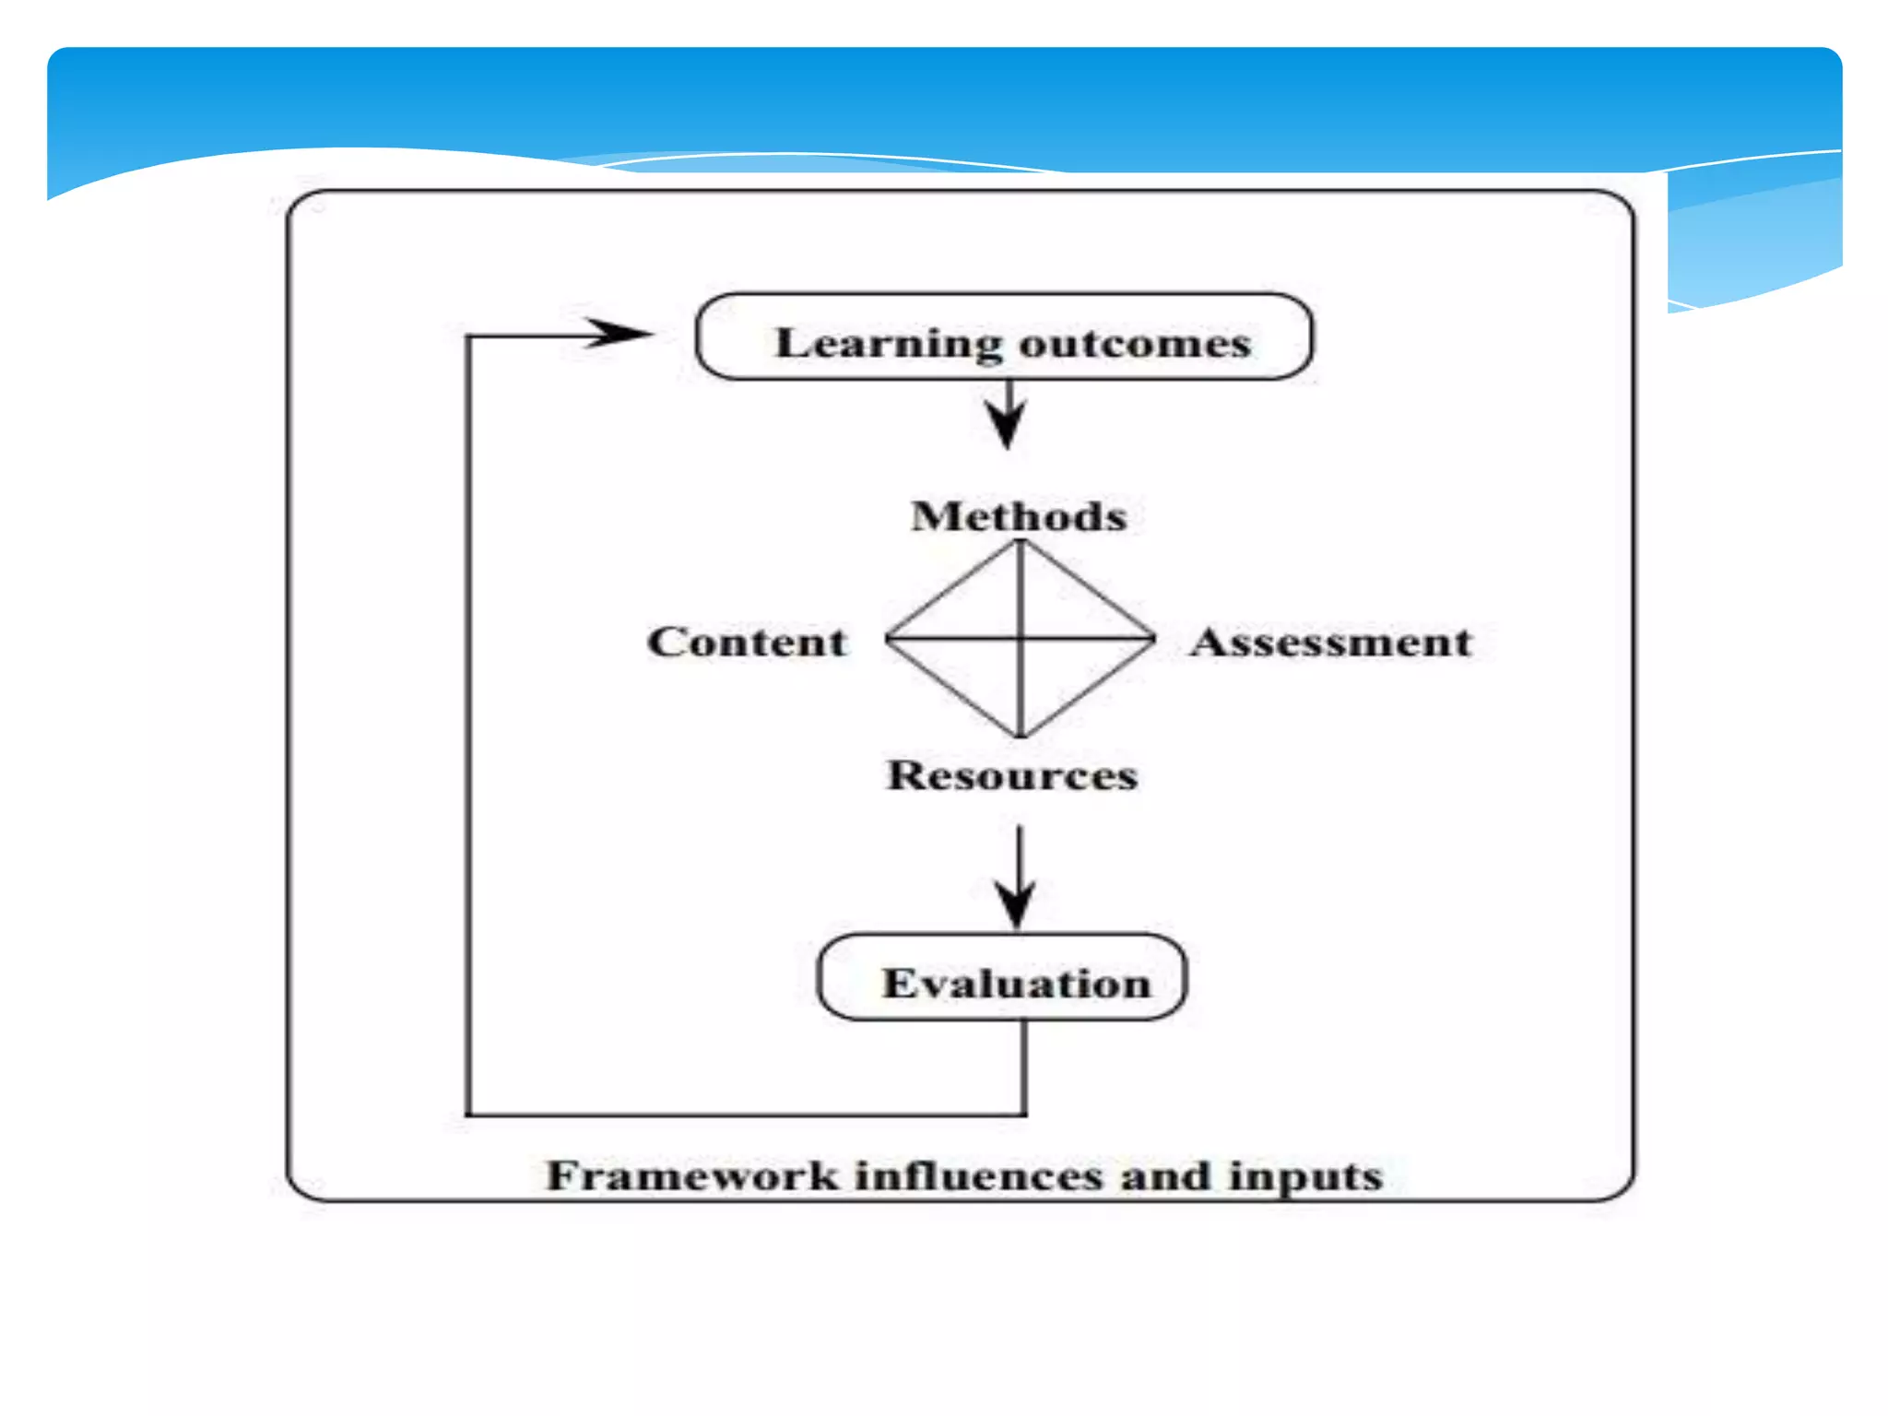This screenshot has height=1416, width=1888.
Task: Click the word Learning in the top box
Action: pos(888,344)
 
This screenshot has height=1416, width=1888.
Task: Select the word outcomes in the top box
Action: pos(1135,344)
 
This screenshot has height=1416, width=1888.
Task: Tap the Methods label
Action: pos(1019,516)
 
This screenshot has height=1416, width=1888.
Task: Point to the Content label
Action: pos(747,642)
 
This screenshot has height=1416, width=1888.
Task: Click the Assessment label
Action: pos(1331,642)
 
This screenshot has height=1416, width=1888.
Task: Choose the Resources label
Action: pos(1012,775)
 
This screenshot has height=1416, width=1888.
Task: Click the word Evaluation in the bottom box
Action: pos(1017,983)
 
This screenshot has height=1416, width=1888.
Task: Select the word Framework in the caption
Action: pos(692,1176)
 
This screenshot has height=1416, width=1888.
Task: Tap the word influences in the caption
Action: pos(979,1176)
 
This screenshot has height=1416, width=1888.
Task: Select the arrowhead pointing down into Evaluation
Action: pos(1017,903)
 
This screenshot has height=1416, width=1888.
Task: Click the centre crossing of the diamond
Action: pos(1021,637)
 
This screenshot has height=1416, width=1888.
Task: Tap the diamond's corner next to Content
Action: pos(887,637)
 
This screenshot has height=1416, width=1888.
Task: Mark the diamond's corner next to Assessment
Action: pos(1154,637)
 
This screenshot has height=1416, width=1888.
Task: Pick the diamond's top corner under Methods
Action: pos(1021,541)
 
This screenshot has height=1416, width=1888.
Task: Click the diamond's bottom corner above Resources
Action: pos(1021,736)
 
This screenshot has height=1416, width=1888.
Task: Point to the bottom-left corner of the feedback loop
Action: pos(468,1115)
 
